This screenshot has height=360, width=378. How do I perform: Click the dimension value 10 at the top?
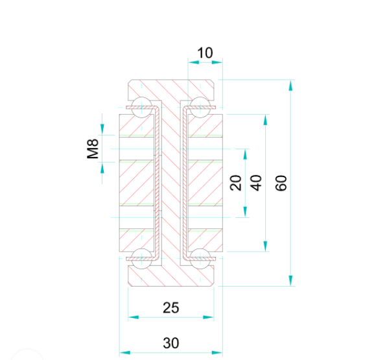pyautogui.click(x=205, y=53)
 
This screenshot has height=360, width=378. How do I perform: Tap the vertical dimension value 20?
pyautogui.click(x=236, y=183)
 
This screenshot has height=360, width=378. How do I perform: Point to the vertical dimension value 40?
pyautogui.click(x=257, y=183)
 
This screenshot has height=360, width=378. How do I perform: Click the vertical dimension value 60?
pyautogui.click(x=281, y=183)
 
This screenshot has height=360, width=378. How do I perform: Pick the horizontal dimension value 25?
pyautogui.click(x=171, y=307)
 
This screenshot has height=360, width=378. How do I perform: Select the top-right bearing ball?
pyautogui.click(x=200, y=108)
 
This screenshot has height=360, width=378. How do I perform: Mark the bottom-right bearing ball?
pyautogui.click(x=200, y=257)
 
